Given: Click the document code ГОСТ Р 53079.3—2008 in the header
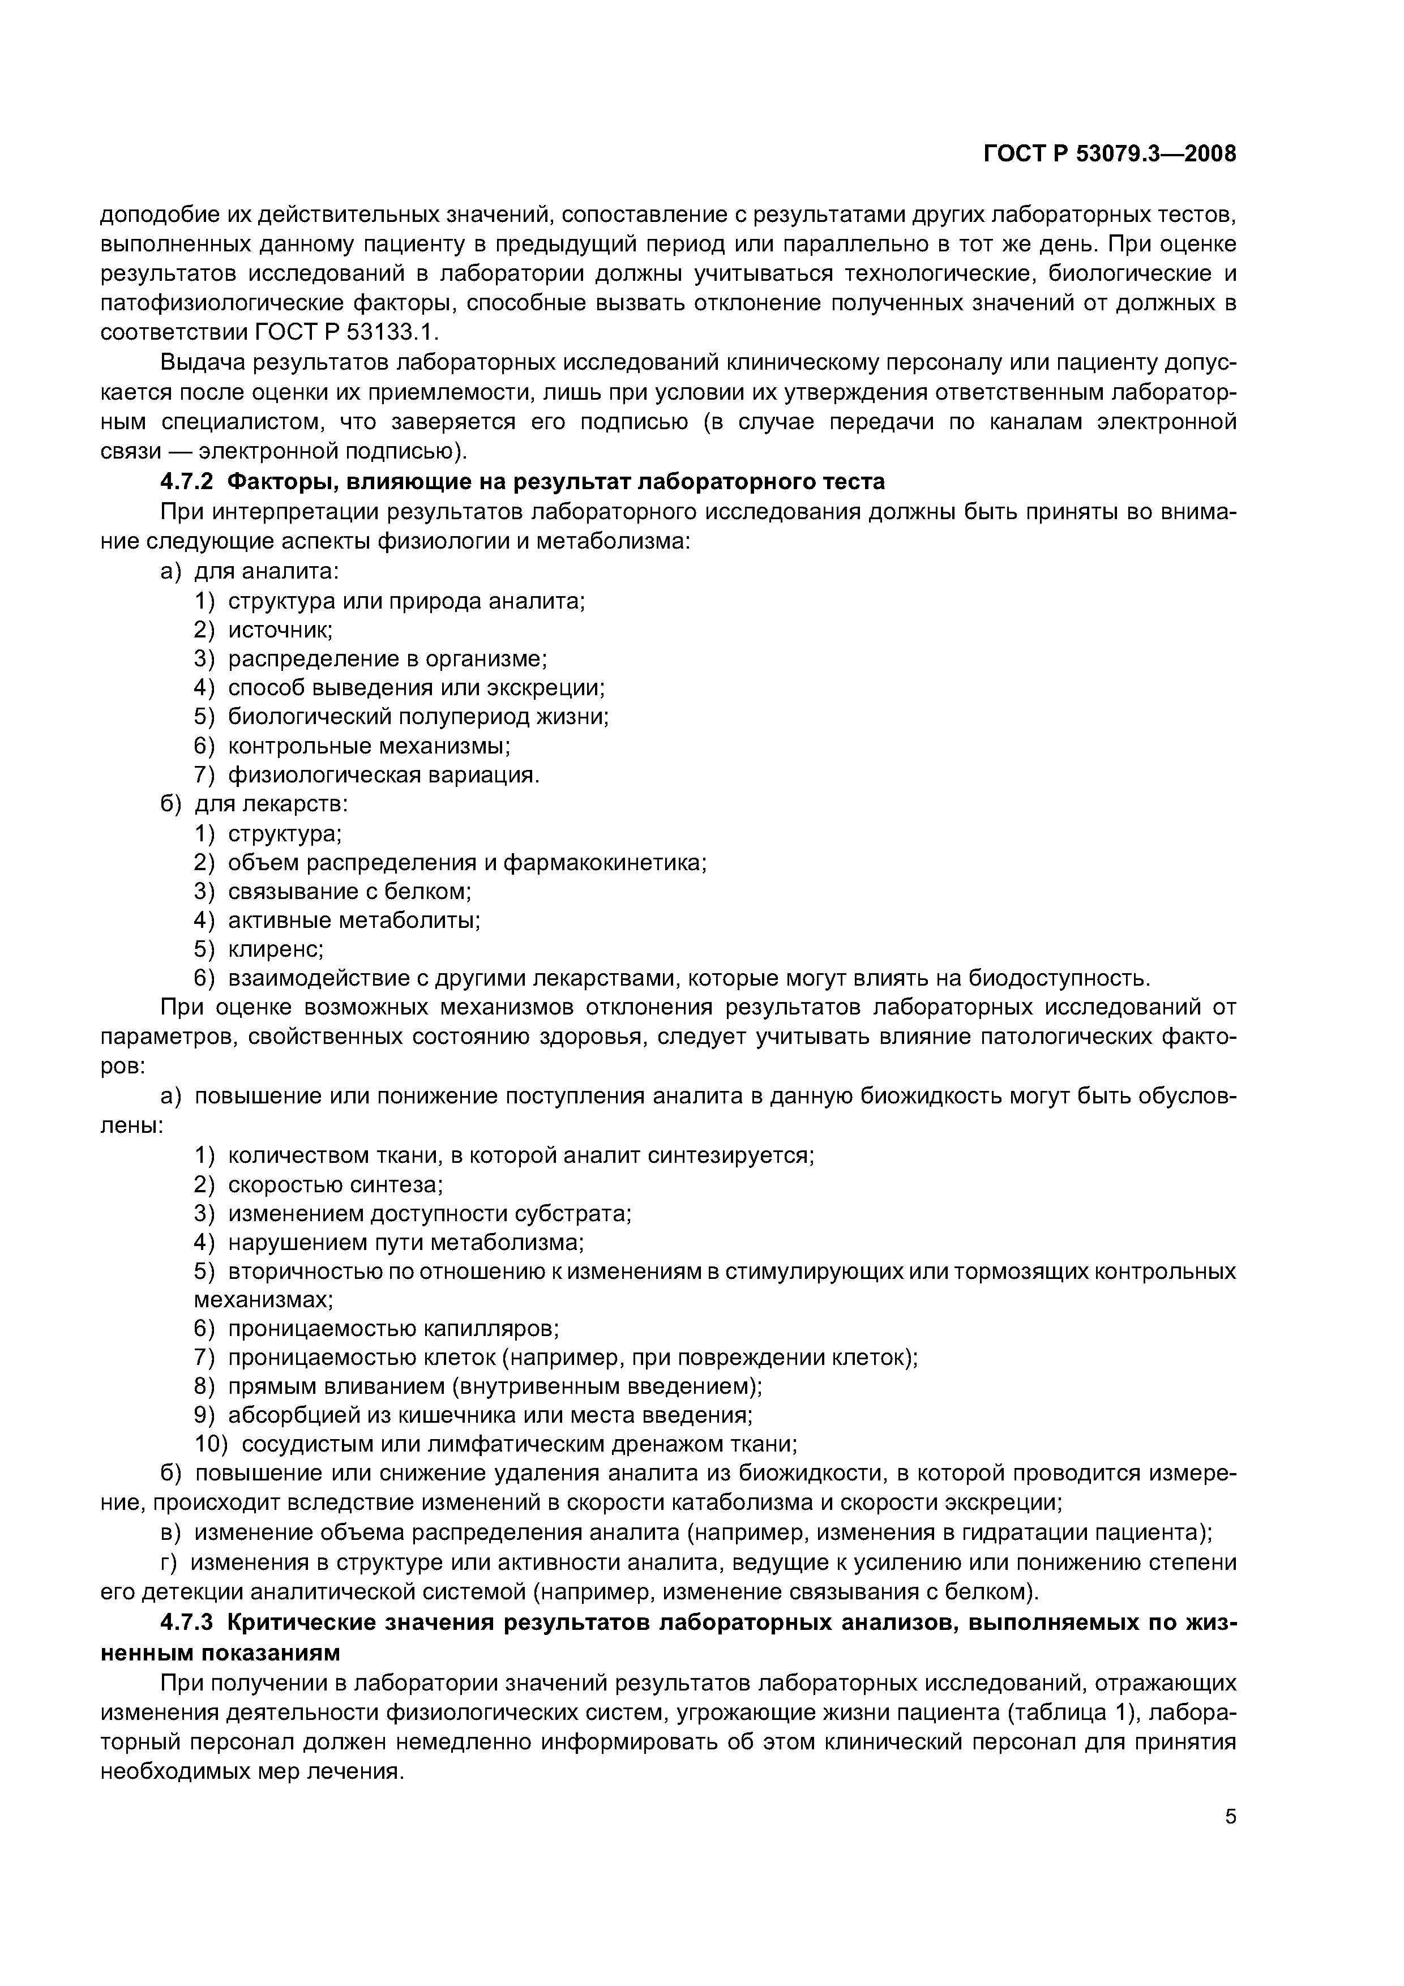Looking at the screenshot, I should (1110, 154).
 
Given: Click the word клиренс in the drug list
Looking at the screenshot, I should (275, 949).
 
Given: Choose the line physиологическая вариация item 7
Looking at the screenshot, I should (383, 774).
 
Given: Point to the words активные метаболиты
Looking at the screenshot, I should (354, 919).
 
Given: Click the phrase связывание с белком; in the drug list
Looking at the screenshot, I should (349, 891).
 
